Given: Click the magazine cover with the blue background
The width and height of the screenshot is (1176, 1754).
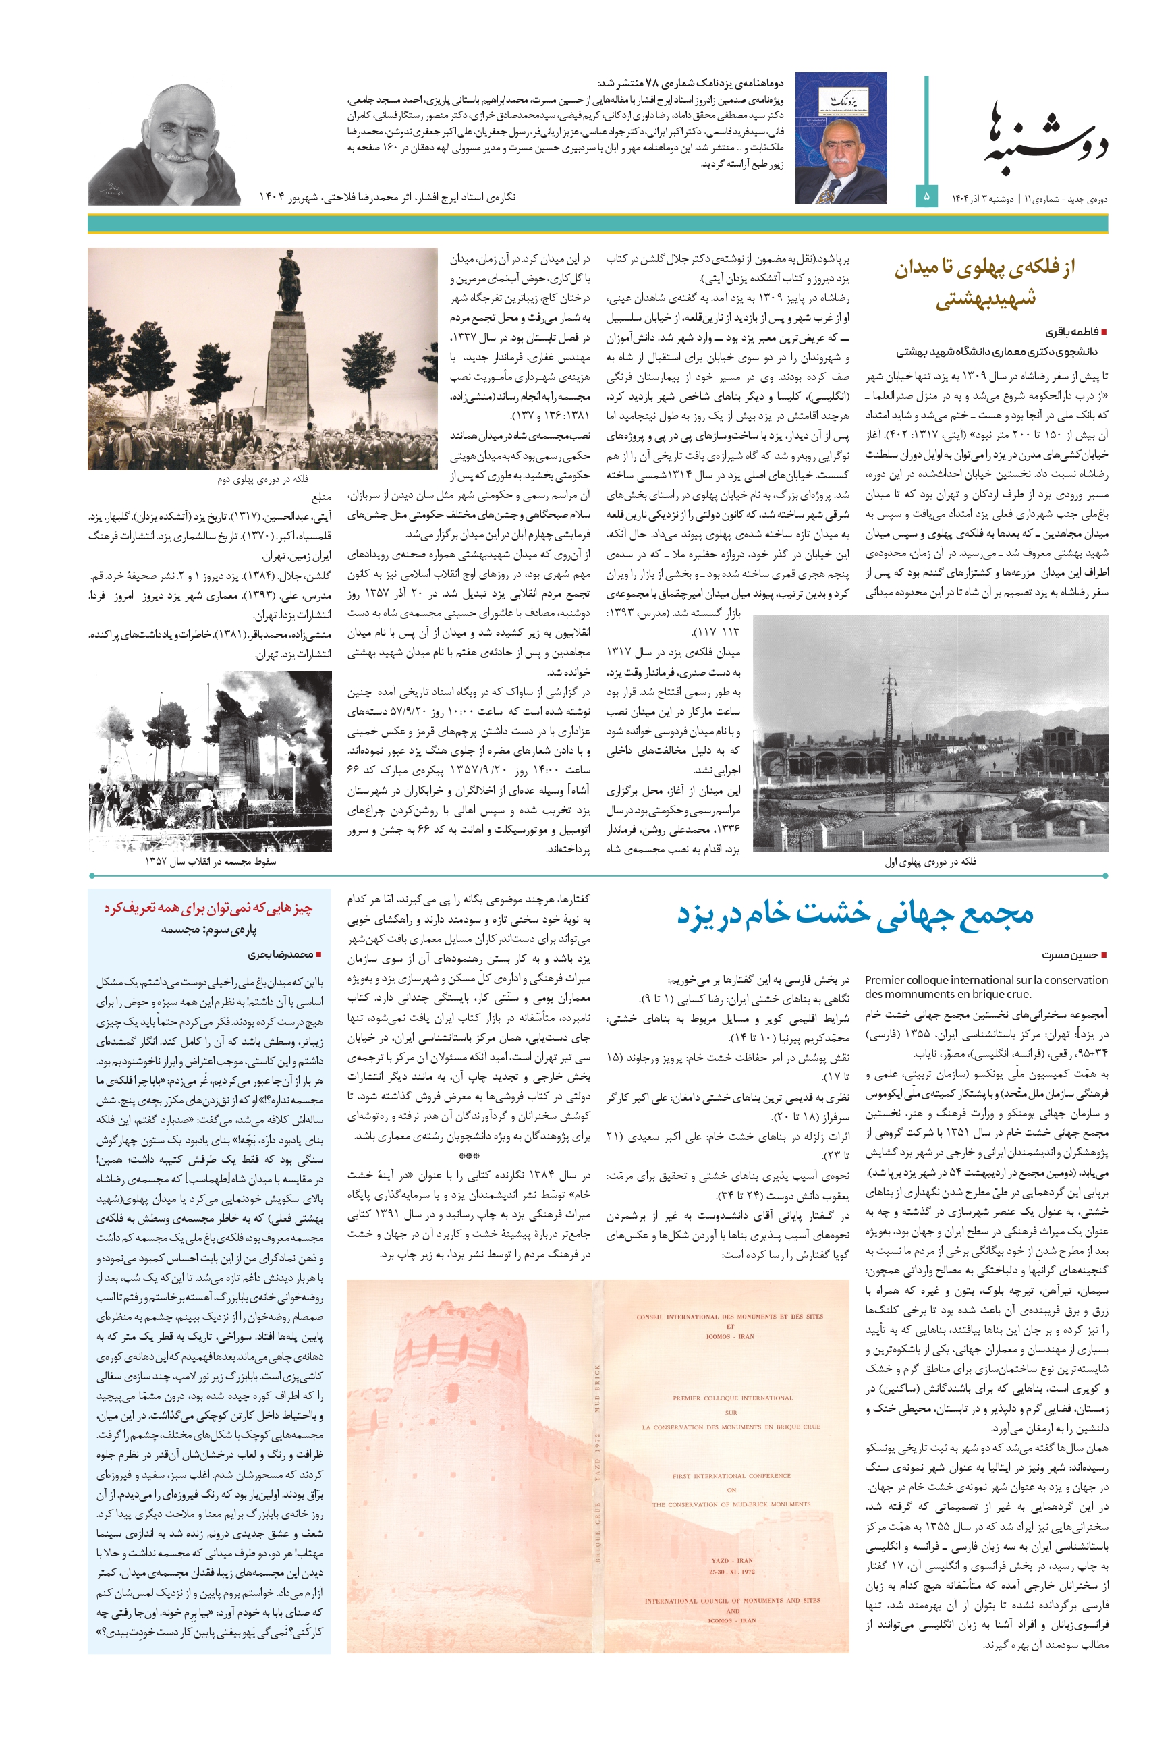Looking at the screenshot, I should click(x=841, y=138).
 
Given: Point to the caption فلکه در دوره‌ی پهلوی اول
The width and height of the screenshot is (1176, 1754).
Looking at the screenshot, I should click(x=930, y=862).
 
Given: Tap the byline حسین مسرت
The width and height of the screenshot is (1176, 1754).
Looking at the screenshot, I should click(x=1069, y=955).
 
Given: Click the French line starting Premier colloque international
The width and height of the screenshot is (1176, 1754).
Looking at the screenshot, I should click(x=986, y=980).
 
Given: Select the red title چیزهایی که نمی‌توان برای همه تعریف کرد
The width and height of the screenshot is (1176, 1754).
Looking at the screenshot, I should click(x=208, y=908).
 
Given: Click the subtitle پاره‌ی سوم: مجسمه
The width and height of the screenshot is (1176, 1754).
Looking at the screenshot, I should click(x=208, y=929).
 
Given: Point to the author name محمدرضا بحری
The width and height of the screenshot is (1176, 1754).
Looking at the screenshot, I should click(x=281, y=954).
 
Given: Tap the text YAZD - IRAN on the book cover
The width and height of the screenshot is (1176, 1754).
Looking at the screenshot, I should click(x=731, y=1560).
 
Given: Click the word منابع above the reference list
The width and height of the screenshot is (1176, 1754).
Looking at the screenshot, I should click(x=321, y=497).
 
